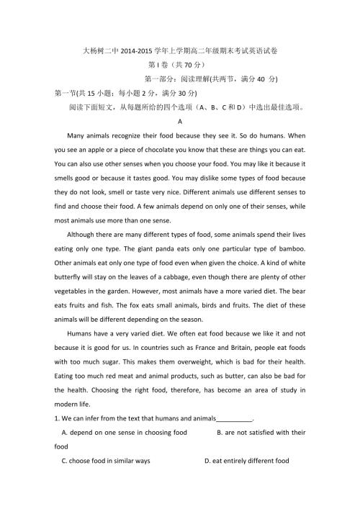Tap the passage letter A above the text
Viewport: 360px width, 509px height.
(179, 122)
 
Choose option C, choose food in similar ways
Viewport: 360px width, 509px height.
(105, 461)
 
